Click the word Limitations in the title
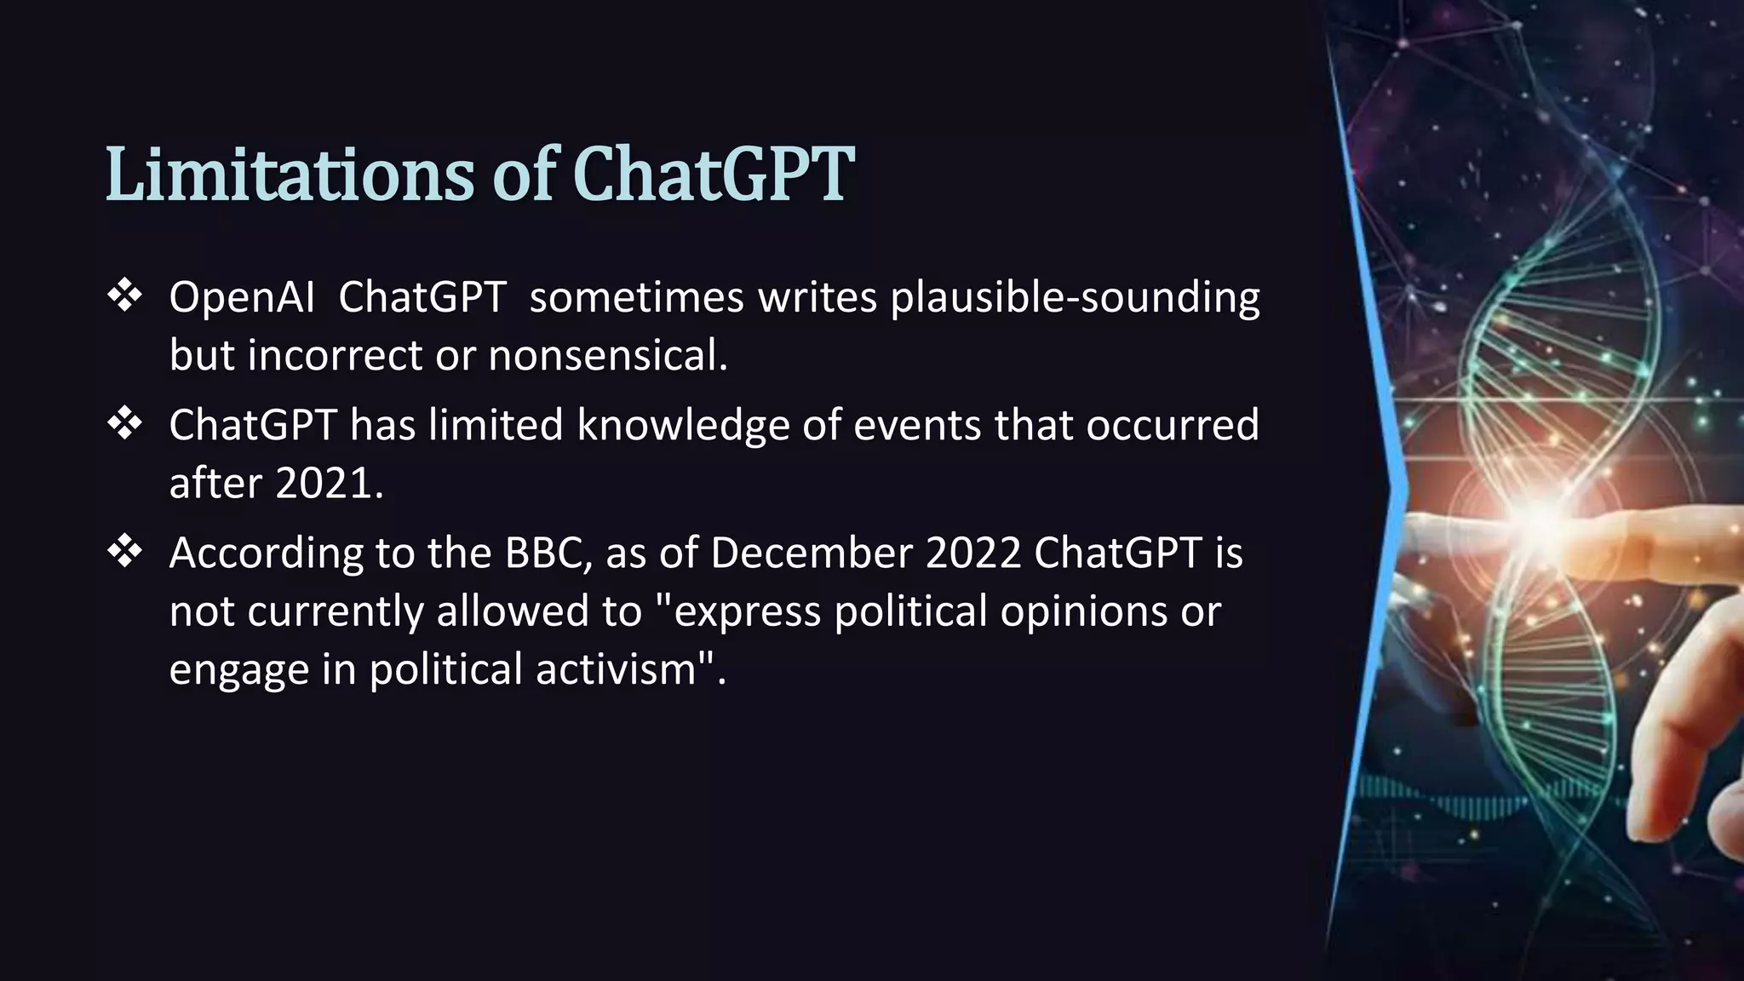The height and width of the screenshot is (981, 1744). tap(289, 175)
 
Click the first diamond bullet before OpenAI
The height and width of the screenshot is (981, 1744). tap(125, 296)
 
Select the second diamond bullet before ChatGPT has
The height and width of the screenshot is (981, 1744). tap(125, 424)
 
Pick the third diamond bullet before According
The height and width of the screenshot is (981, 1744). tap(125, 552)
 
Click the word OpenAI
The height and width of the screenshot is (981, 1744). tap(242, 298)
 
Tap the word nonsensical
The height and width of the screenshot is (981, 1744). tap(607, 356)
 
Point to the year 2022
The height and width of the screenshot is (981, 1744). tap(972, 554)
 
